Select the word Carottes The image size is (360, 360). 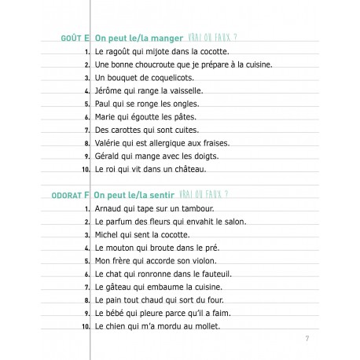click(x=123, y=130)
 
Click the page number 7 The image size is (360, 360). click(x=305, y=339)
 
